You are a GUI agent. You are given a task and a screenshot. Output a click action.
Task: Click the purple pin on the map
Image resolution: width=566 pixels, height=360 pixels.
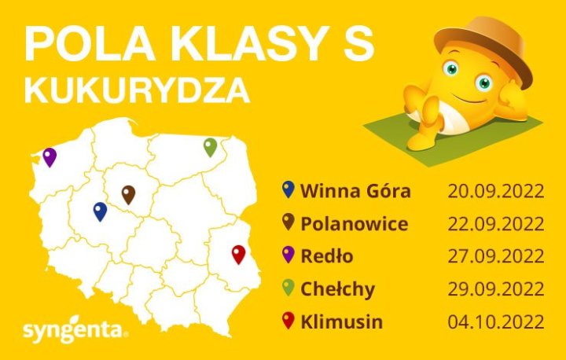pos(50,156)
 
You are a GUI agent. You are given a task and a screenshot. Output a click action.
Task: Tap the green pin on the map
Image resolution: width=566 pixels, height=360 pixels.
pos(210,146)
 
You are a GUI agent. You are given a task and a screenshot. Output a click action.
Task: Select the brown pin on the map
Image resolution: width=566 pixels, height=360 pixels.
pos(128,194)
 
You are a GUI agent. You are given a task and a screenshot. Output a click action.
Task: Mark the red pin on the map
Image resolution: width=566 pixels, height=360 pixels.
pos(238,254)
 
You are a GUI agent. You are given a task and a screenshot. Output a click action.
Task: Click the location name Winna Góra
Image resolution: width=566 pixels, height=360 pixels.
pos(355,191)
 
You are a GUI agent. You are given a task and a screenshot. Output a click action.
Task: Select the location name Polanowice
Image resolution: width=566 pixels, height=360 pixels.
pos(354,224)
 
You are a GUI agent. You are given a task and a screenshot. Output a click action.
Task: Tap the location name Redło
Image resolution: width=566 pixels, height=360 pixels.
pos(327,256)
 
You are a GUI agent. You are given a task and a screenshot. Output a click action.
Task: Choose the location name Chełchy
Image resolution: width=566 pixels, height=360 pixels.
pos(337,288)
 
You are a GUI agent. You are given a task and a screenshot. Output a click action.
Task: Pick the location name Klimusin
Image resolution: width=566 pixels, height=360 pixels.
pos(342,321)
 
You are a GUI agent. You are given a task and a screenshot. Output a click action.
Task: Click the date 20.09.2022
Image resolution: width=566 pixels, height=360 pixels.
pos(495,191)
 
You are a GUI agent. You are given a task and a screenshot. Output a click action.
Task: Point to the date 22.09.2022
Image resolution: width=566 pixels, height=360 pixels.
pos(495,224)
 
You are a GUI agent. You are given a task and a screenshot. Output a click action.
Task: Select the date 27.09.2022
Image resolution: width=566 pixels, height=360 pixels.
pos(495,256)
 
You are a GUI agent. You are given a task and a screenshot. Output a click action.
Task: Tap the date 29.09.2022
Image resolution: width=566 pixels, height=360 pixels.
pos(495,288)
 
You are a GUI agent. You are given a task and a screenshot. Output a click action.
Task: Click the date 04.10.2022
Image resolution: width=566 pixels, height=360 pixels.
pos(495,321)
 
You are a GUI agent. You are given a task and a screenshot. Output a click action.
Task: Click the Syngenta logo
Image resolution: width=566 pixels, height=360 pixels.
pos(75,329)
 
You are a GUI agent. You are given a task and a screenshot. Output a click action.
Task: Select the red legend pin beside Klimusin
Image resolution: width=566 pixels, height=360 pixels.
pos(288,320)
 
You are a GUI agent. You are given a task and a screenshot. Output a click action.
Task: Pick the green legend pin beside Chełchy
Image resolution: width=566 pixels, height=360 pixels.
pos(288,288)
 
